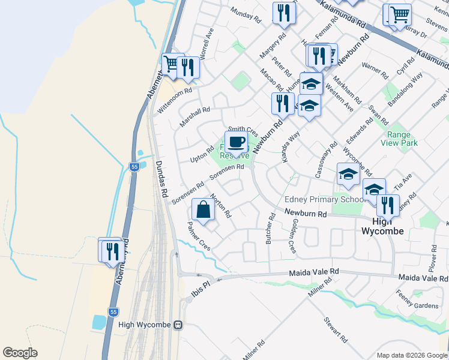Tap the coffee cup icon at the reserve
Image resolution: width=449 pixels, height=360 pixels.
pyautogui.click(x=237, y=142)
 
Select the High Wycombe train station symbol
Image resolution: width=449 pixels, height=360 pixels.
pyautogui.click(x=178, y=325)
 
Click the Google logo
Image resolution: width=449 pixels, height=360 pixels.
pyautogui.click(x=20, y=353)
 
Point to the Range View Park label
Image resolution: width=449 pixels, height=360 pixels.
pyautogui.click(x=402, y=139)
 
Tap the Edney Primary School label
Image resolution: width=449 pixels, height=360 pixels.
pyautogui.click(x=324, y=200)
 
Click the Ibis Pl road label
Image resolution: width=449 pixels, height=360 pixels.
pyautogui.click(x=201, y=283)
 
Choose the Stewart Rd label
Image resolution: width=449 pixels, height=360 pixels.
pyautogui.click(x=336, y=329)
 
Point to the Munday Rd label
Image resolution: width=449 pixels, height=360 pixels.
pyautogui.click(x=247, y=16)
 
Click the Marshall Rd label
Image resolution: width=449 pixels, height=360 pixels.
pyautogui.click(x=194, y=118)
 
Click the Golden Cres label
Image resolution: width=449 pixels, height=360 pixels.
pyautogui.click(x=294, y=235)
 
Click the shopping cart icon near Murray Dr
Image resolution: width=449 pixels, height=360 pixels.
pyautogui.click(x=399, y=14)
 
